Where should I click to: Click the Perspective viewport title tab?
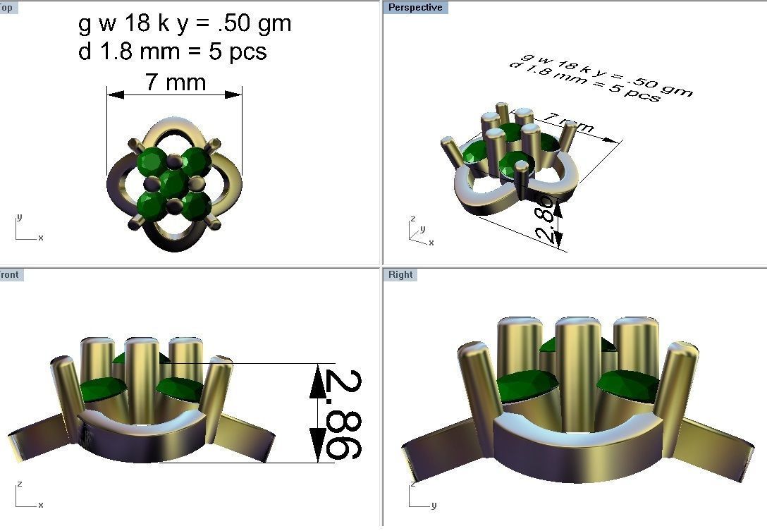click(x=415, y=7)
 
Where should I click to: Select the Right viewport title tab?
click(x=400, y=274)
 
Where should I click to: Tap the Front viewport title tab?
click(x=10, y=274)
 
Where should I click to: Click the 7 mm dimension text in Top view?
click(x=176, y=83)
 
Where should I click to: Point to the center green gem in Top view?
click(x=173, y=183)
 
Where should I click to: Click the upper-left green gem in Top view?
click(x=152, y=161)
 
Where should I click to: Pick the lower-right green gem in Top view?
click(x=195, y=205)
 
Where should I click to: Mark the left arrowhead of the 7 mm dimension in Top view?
click(x=115, y=94)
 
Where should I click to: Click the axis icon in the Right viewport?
click(x=419, y=498)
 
